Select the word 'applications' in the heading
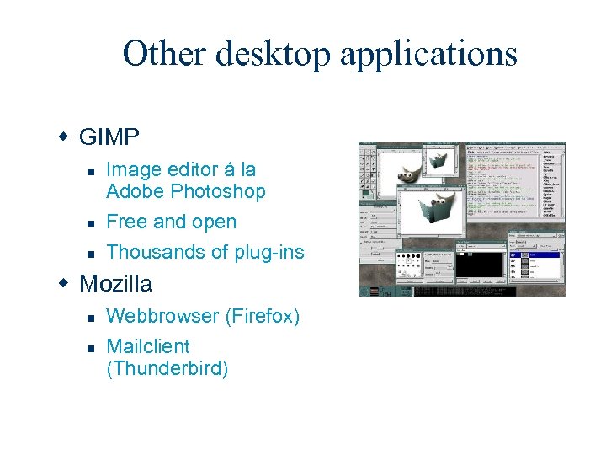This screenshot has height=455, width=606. pos(428,54)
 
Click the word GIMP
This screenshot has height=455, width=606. pos(109,136)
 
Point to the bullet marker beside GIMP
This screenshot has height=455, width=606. pos(63,136)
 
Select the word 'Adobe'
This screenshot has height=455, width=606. pos(135,191)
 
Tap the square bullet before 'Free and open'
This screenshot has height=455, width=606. pos(89,222)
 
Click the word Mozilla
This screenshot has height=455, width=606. pos(115,283)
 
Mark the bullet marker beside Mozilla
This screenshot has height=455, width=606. pos(63,283)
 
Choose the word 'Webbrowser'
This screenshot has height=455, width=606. pos(162,316)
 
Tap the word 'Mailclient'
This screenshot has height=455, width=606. pos(148,346)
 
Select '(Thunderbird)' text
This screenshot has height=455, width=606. pos(167,368)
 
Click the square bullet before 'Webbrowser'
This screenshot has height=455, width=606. pos(89,317)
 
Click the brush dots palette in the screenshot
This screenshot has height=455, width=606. pos(420,260)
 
